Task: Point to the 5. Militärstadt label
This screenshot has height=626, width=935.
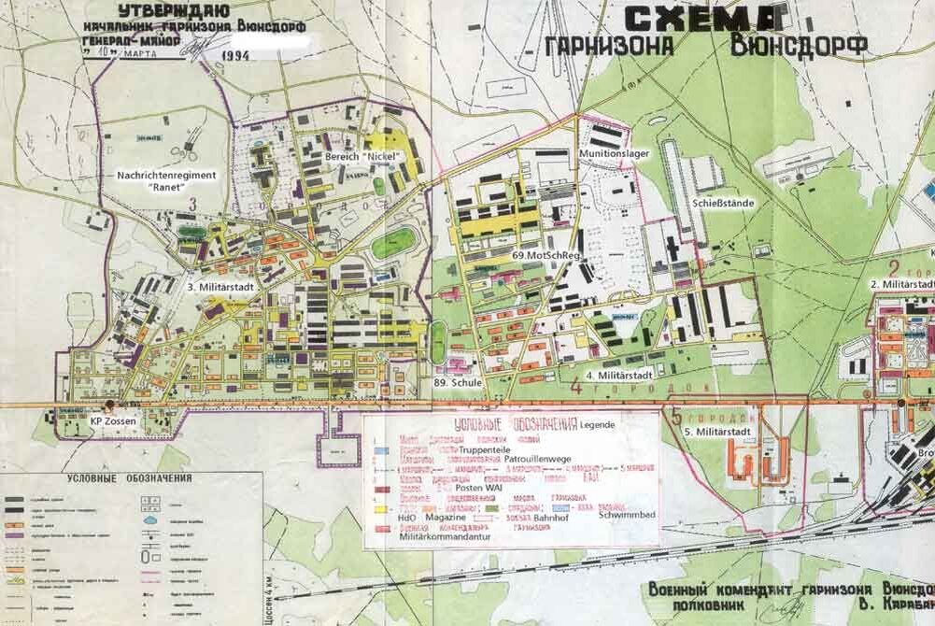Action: pyautogui.click(x=716, y=433)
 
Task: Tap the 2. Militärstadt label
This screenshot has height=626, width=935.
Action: pyautogui.click(x=902, y=283)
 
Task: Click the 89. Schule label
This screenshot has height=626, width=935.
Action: pyautogui.click(x=458, y=382)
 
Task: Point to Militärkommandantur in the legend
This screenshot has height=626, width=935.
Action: pyautogui.click(x=443, y=536)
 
